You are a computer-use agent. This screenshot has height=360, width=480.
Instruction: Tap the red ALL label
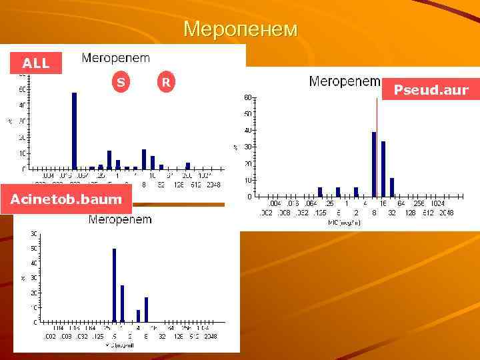(x=36, y=63)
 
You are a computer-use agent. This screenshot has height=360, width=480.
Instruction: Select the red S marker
(x=120, y=83)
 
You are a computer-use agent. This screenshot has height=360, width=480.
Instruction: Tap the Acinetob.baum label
(x=66, y=199)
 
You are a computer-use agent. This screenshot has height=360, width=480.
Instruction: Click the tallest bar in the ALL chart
(x=74, y=131)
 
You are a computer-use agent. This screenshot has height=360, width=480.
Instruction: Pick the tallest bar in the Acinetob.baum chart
(x=114, y=285)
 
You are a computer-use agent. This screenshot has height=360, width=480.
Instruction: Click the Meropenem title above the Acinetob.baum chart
(x=120, y=219)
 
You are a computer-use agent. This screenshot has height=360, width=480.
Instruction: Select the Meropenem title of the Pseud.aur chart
(x=345, y=81)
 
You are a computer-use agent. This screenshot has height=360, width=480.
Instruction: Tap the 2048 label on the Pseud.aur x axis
(x=446, y=213)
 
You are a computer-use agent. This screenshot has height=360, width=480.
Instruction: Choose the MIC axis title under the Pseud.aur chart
(x=346, y=222)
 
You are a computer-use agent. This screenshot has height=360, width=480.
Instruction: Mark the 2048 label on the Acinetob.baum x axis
(x=211, y=337)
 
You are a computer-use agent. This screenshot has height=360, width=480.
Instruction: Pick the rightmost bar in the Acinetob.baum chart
(x=146, y=309)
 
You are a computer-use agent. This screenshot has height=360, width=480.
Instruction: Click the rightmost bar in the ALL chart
(x=188, y=166)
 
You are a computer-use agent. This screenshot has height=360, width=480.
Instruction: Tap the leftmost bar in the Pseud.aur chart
(x=320, y=192)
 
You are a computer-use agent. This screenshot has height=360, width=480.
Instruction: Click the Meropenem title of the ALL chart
(x=116, y=58)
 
